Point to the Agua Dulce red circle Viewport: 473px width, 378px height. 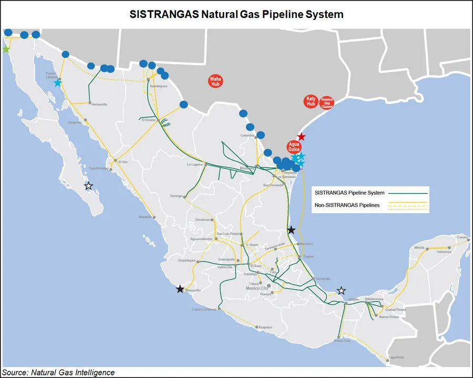293,147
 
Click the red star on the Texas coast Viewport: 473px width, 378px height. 301,137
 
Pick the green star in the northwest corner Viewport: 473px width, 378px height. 6,49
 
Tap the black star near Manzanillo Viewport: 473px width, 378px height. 180,289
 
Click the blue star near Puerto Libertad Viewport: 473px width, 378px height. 57,83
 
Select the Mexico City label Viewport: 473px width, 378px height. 257,289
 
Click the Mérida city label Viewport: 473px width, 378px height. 419,247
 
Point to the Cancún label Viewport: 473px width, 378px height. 462,237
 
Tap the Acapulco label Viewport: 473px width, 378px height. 265,327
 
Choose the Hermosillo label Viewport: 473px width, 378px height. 99,104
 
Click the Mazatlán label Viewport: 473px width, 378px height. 145,217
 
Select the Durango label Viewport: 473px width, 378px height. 176,196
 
